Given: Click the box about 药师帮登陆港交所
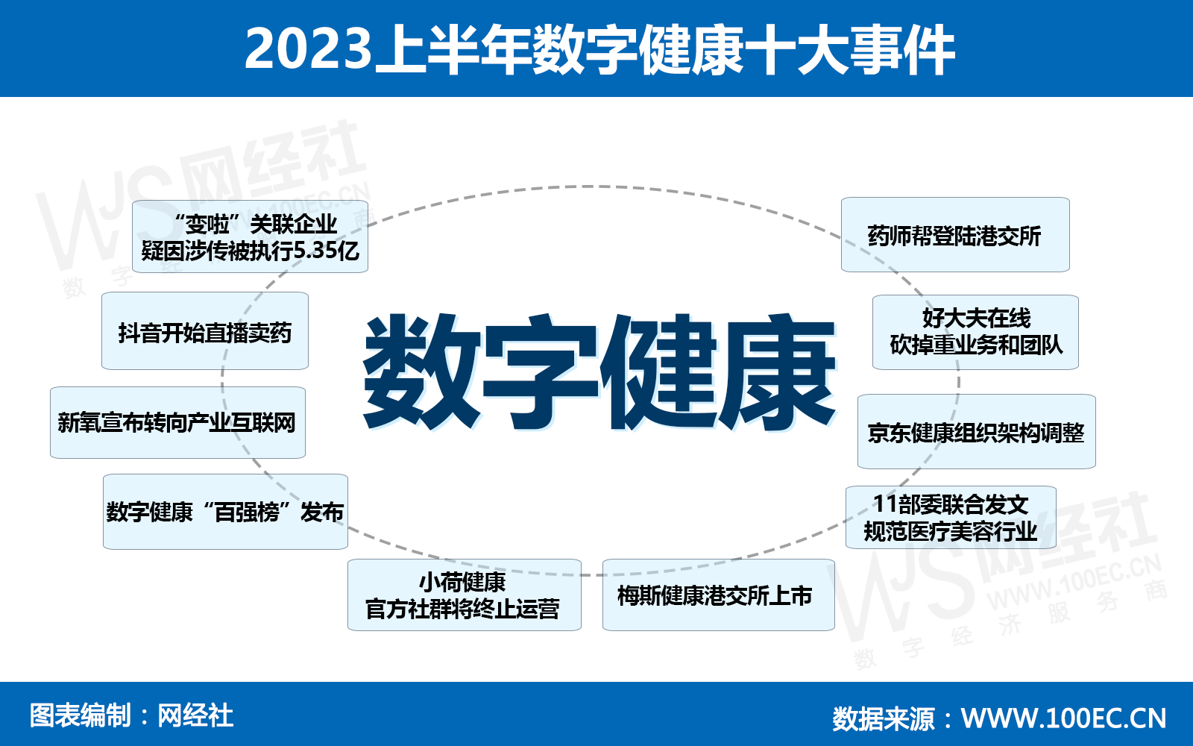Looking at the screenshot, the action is (x=955, y=235).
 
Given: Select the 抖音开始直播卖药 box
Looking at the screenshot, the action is (x=205, y=331).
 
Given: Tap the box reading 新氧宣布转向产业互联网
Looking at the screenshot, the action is (x=178, y=422).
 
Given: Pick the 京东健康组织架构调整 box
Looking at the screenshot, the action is (x=976, y=432).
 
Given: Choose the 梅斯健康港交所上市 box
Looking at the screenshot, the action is (x=719, y=595).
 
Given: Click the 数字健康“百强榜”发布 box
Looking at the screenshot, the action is (x=225, y=512).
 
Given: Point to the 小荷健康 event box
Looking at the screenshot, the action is (x=465, y=595).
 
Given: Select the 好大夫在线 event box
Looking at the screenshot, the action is (x=975, y=332).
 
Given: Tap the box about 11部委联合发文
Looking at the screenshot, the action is (x=951, y=518).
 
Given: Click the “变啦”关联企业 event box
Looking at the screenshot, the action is (x=250, y=236).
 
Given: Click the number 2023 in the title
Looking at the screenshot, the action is (x=309, y=48).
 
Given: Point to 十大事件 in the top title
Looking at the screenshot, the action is (x=849, y=49).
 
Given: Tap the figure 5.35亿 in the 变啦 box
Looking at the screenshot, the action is (x=327, y=251).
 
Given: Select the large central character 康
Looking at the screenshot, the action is (x=776, y=372).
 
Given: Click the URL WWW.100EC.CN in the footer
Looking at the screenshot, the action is (x=1063, y=718).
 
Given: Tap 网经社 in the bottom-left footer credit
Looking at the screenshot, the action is (x=195, y=715).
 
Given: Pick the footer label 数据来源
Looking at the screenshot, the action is (x=884, y=718).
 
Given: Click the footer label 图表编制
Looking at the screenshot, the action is (x=80, y=715).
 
